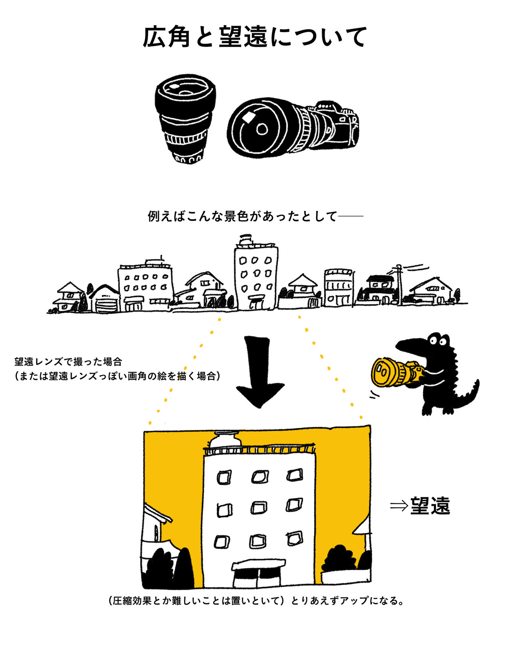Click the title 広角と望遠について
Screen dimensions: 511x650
tap(255, 37)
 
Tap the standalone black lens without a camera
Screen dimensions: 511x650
tap(185, 119)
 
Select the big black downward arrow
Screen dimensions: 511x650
tap(259, 372)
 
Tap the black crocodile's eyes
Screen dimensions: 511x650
tap(438, 341)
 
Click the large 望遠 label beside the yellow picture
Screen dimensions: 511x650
tap(430, 506)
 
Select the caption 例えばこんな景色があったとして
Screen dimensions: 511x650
tap(242, 216)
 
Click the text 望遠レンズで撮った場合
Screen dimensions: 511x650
tap(68, 362)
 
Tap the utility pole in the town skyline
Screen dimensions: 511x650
tap(399, 284)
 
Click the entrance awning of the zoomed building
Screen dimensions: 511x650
tap(258, 564)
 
